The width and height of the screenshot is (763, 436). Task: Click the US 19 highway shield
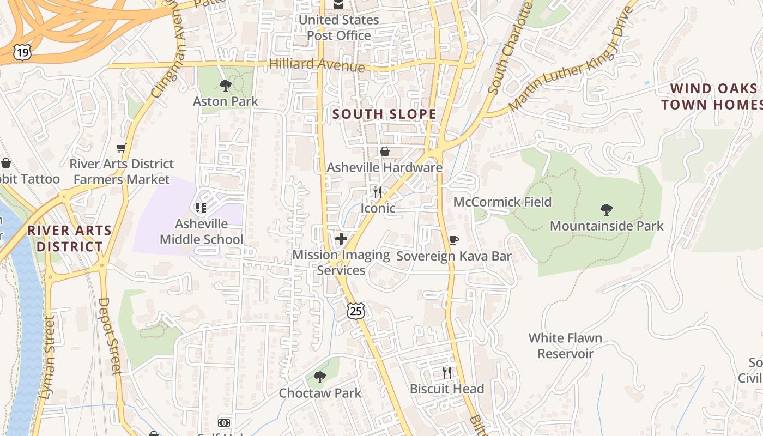pyautogui.click(x=22, y=52)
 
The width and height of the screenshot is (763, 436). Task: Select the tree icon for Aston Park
pyautogui.click(x=225, y=86)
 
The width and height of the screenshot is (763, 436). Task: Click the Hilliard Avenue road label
pyautogui.click(x=317, y=65)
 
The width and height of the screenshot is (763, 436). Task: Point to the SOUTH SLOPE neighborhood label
pyautogui.click(x=384, y=114)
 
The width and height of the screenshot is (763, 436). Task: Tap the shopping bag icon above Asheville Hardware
pyautogui.click(x=385, y=152)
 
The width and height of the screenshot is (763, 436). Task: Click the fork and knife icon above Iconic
pyautogui.click(x=377, y=192)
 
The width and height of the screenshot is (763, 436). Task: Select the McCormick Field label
pyautogui.click(x=502, y=202)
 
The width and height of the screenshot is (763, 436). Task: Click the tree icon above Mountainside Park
pyautogui.click(x=606, y=210)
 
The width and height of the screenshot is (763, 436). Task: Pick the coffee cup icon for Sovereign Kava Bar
pyautogui.click(x=453, y=240)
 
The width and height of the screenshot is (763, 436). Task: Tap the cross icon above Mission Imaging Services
pyautogui.click(x=341, y=239)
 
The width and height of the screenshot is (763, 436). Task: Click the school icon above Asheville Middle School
pyautogui.click(x=201, y=208)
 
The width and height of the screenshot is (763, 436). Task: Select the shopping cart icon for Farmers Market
pyautogui.click(x=122, y=148)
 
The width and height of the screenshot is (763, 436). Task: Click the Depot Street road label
pyautogui.click(x=109, y=336)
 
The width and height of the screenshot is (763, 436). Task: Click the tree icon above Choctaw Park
pyautogui.click(x=320, y=377)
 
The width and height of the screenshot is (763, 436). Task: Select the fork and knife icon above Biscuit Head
pyautogui.click(x=447, y=373)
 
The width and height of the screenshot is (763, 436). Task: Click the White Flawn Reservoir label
pyautogui.click(x=565, y=346)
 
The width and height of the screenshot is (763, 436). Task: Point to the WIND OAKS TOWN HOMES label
pyautogui.click(x=711, y=96)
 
